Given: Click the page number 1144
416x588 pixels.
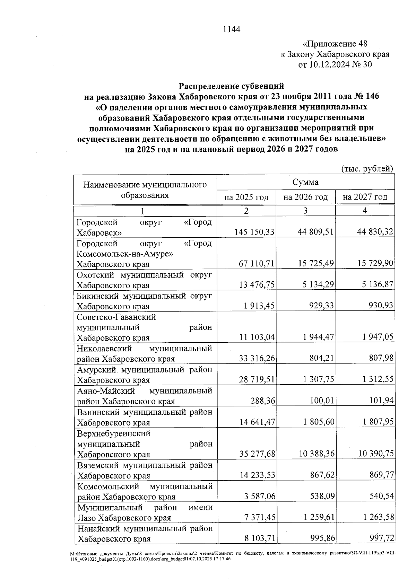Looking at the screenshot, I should (x=232, y=29).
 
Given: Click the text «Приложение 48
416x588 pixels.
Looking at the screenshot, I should (x=335, y=44).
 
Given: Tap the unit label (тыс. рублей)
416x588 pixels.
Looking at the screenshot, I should (x=367, y=169).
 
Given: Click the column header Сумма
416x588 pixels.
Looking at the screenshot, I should (x=305, y=182).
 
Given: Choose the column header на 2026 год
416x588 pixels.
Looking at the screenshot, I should (x=305, y=198).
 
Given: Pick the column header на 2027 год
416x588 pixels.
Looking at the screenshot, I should (x=365, y=198).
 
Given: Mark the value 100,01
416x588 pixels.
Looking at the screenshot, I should (x=322, y=401).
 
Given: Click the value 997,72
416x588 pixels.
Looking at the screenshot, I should (x=382, y=539).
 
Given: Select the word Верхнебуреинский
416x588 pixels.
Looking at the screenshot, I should (x=114, y=433).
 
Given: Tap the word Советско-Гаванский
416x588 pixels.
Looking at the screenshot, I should (x=116, y=317).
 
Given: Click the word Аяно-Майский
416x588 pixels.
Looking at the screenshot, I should (x=106, y=391).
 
